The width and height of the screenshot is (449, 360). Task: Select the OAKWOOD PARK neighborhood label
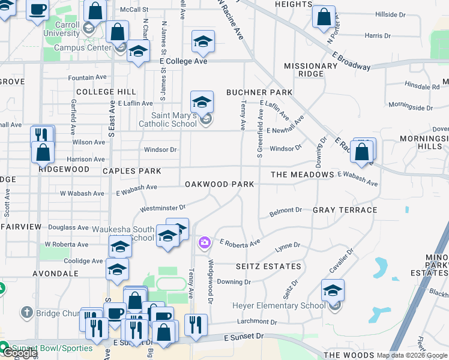tap(219, 184)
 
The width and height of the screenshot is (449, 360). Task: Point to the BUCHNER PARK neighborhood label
tap(259, 92)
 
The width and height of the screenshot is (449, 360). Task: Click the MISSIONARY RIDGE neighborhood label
tap(310, 70)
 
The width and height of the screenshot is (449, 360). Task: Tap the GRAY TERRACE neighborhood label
tap(345, 210)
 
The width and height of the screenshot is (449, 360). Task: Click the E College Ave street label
tap(183, 61)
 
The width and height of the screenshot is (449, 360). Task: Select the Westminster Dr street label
tap(159, 209)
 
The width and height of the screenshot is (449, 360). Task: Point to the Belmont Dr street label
tap(285, 211)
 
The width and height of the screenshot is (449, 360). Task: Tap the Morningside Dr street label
tap(411, 108)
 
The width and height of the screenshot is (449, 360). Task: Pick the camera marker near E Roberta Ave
tap(205, 243)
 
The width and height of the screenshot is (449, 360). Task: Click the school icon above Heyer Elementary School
tap(333, 291)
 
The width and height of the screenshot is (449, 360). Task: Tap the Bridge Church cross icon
tap(26, 313)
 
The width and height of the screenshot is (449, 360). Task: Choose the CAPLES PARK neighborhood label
tap(131, 171)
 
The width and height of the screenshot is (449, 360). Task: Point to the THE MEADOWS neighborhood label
tap(302, 175)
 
